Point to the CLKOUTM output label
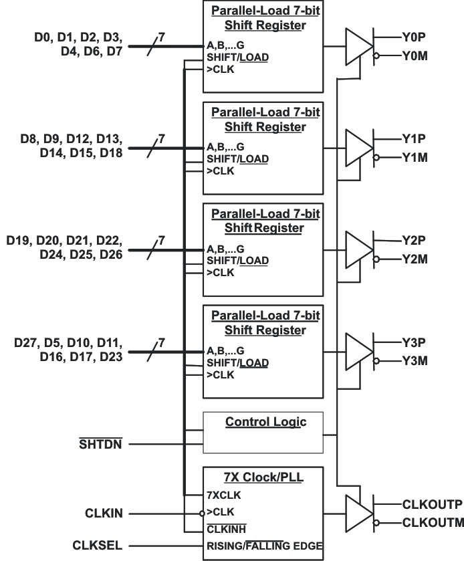click(x=433, y=523)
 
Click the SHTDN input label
click(x=101, y=443)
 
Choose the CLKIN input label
click(x=103, y=514)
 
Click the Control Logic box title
click(x=265, y=422)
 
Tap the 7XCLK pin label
click(x=225, y=495)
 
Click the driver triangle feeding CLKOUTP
click(x=358, y=514)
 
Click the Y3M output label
click(x=416, y=361)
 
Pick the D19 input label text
click(x=20, y=240)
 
